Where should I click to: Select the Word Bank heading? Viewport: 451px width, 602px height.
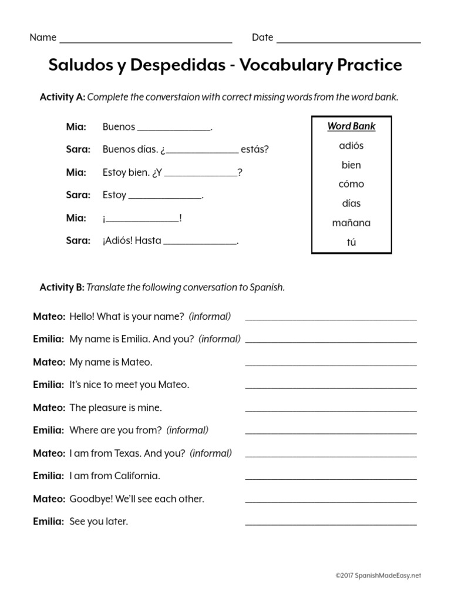tap(351, 126)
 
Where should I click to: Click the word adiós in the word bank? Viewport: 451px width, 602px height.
tap(351, 146)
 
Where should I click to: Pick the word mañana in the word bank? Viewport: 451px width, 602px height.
tap(351, 223)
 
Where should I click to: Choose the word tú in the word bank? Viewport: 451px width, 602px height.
tap(351, 242)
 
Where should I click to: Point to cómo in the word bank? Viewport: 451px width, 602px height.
tap(351, 184)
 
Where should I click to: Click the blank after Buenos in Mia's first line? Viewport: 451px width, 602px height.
tap(173, 129)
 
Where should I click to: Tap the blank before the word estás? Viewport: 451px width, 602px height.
tap(203, 152)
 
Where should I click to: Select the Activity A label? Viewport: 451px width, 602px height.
tap(62, 97)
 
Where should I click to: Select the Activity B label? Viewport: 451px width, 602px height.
tap(62, 287)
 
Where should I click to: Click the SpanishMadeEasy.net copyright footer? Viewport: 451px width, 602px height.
tap(378, 576)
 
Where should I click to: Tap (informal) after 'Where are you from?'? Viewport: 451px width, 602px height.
tap(187, 430)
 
